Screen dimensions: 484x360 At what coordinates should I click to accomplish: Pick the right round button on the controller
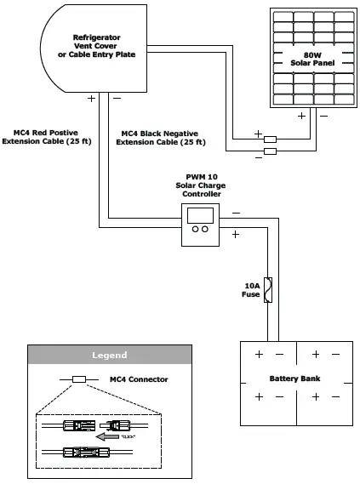[205, 230]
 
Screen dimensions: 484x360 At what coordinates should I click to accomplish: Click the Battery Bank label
[294, 379]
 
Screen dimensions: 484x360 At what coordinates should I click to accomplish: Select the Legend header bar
[109, 355]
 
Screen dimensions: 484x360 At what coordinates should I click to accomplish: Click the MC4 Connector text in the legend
[140, 379]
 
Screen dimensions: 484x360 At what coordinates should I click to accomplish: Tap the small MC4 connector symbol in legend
[78, 379]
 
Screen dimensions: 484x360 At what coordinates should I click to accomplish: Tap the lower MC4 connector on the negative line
[269, 151]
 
